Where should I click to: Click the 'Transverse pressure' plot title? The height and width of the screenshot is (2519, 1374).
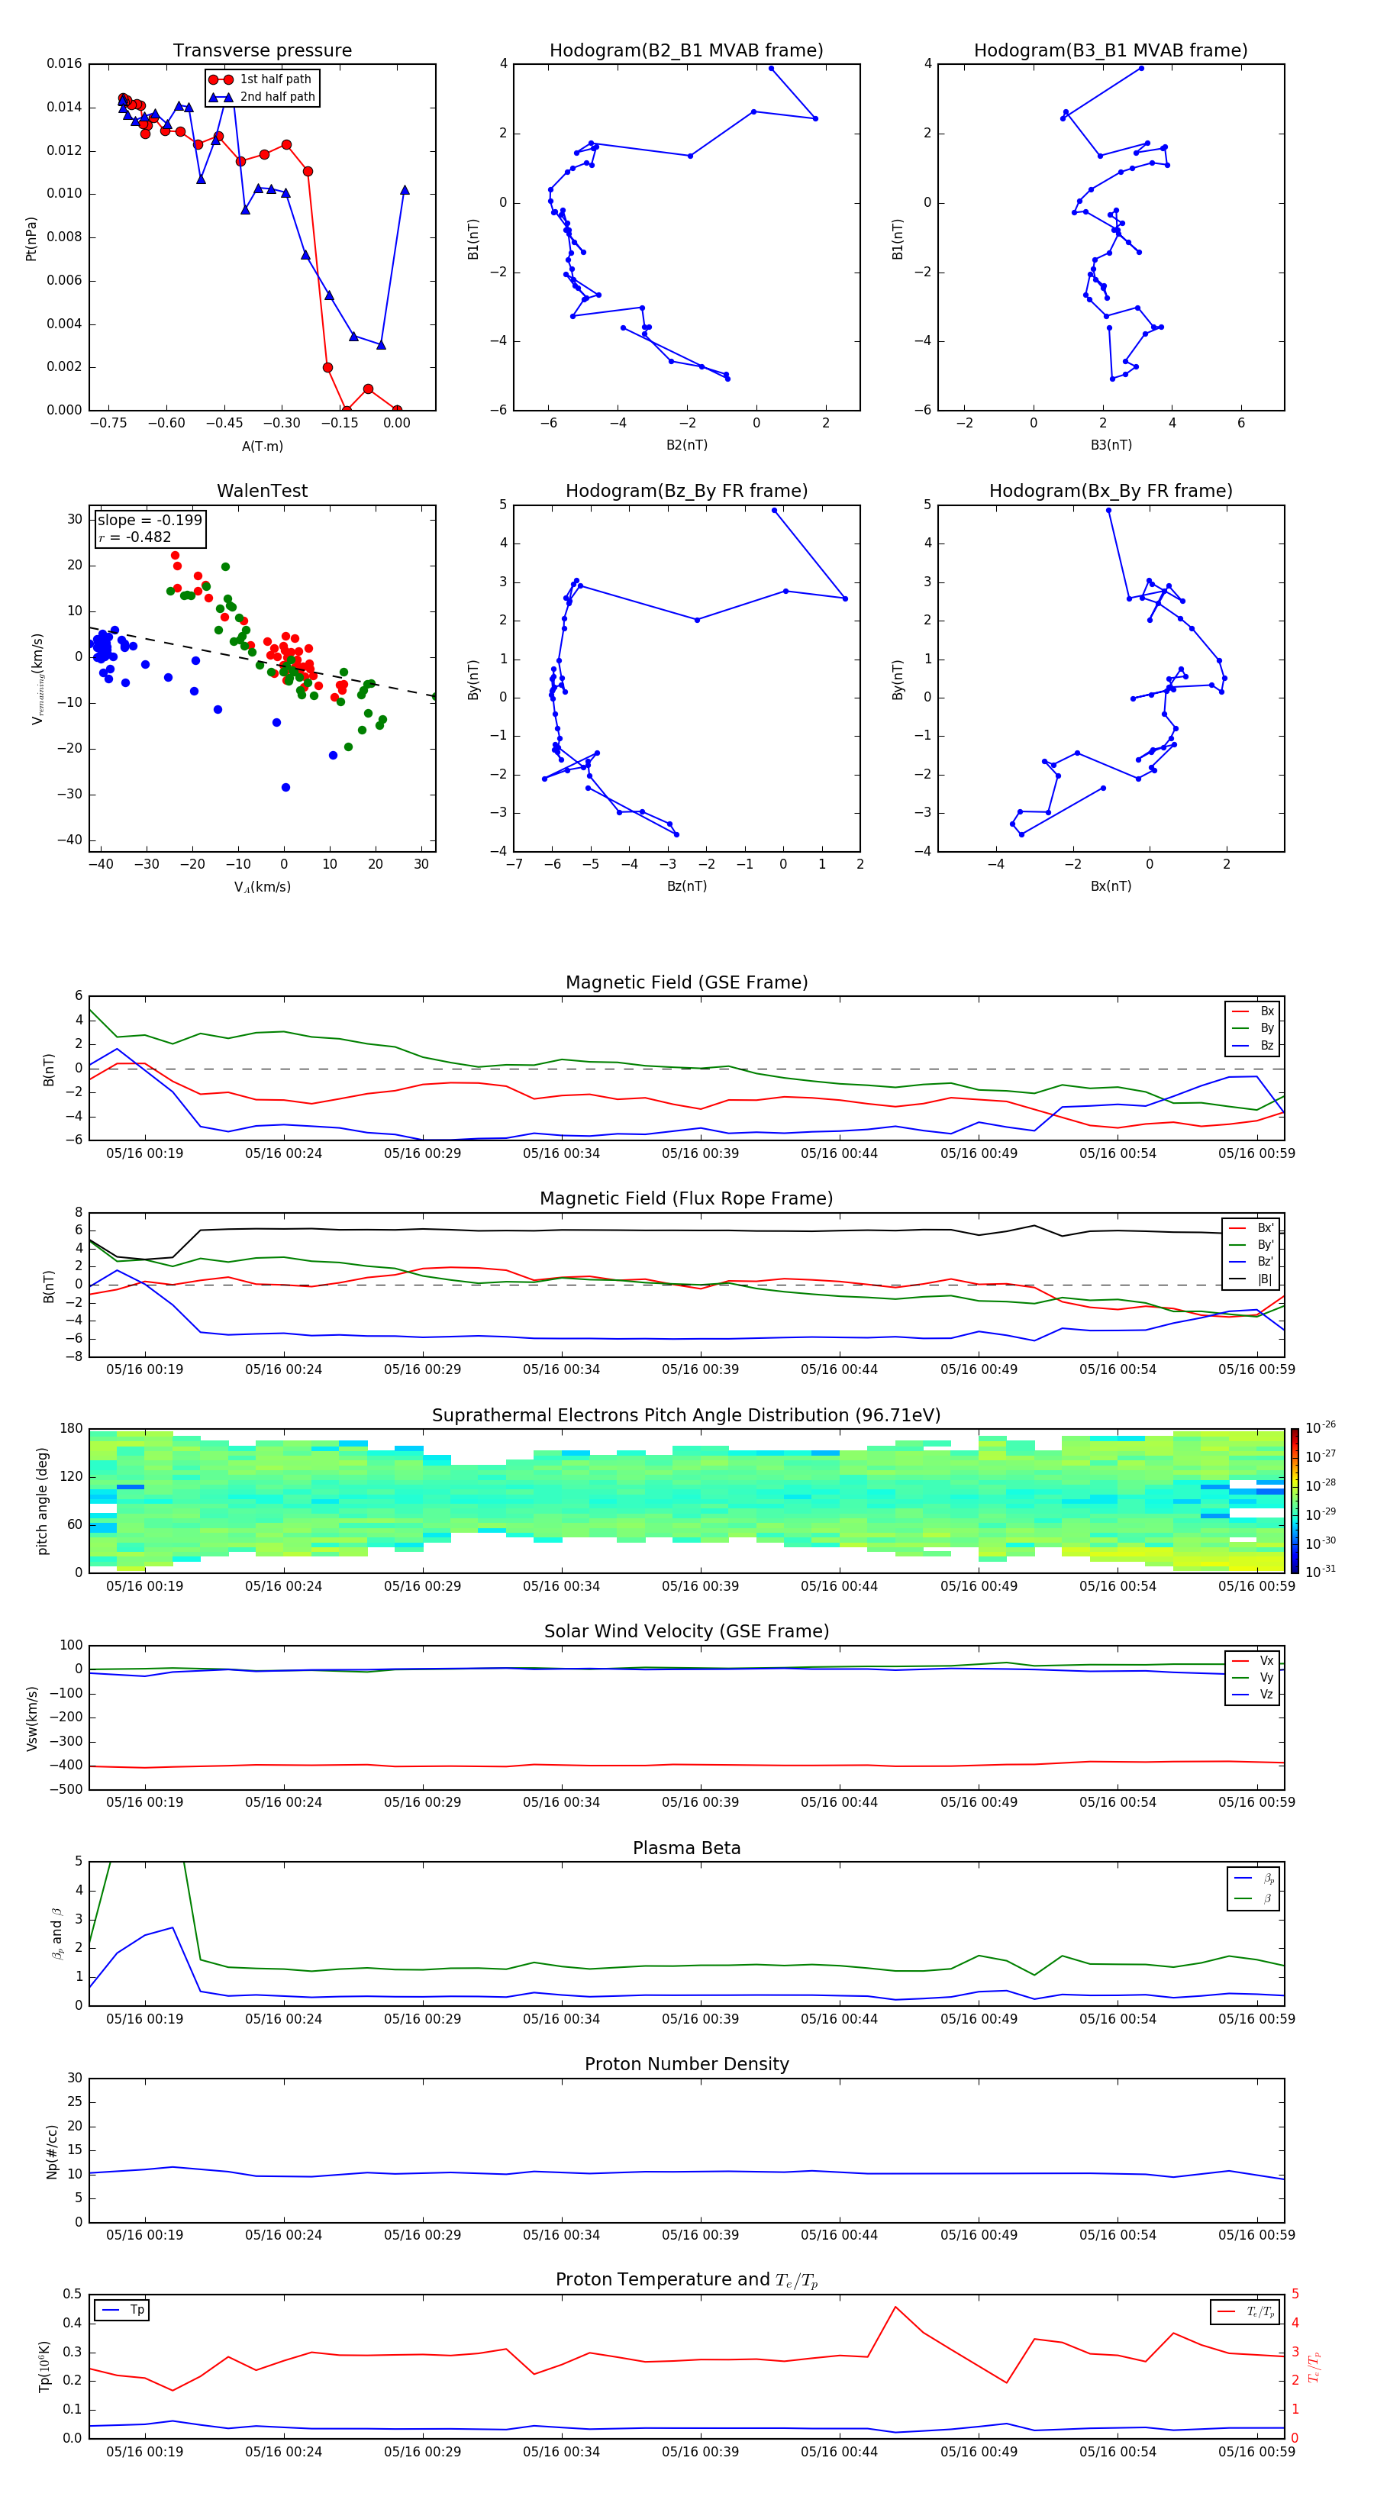[x=262, y=51]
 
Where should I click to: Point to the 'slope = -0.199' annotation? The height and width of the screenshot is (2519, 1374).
[x=150, y=521]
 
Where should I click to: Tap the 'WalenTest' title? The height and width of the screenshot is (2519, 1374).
[x=262, y=491]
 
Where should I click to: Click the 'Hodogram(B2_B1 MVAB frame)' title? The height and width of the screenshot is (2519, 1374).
[x=685, y=51]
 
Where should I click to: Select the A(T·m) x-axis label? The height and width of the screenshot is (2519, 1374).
[x=262, y=446]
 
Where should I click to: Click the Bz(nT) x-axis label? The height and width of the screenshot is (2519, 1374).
[x=686, y=886]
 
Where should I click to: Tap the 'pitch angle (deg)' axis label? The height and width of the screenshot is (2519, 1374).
[x=42, y=1500]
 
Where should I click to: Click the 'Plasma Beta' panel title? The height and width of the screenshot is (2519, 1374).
[x=686, y=1848]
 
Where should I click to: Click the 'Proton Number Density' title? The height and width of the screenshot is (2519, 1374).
[x=686, y=2064]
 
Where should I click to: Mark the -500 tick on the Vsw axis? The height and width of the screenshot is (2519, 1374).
[x=69, y=1789]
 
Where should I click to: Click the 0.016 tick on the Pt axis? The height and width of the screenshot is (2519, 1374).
[x=65, y=63]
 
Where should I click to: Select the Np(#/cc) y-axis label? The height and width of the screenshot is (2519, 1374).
[x=52, y=2151]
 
